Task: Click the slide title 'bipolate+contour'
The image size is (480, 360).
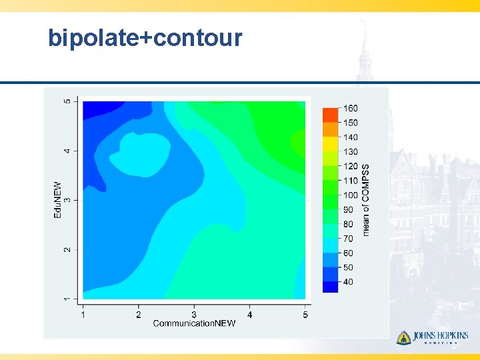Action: (x=145, y=38)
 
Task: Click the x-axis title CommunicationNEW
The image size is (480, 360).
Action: (x=194, y=323)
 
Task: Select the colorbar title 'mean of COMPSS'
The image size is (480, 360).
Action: (x=365, y=200)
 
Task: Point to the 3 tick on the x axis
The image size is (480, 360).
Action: (x=194, y=314)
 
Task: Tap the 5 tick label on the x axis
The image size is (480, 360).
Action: (x=305, y=314)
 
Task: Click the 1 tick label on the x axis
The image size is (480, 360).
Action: (x=83, y=314)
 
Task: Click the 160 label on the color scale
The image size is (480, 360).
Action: (x=350, y=108)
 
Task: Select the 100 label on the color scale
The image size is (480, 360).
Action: (x=350, y=195)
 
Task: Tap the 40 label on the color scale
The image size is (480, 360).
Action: (x=348, y=282)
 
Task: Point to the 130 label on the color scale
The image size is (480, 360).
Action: (x=350, y=152)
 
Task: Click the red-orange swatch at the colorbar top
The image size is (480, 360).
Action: (x=331, y=115)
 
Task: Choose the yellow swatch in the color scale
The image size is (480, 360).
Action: (x=331, y=143)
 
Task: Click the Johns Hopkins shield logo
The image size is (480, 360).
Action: (x=403, y=338)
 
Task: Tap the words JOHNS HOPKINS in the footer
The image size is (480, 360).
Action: (x=441, y=336)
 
